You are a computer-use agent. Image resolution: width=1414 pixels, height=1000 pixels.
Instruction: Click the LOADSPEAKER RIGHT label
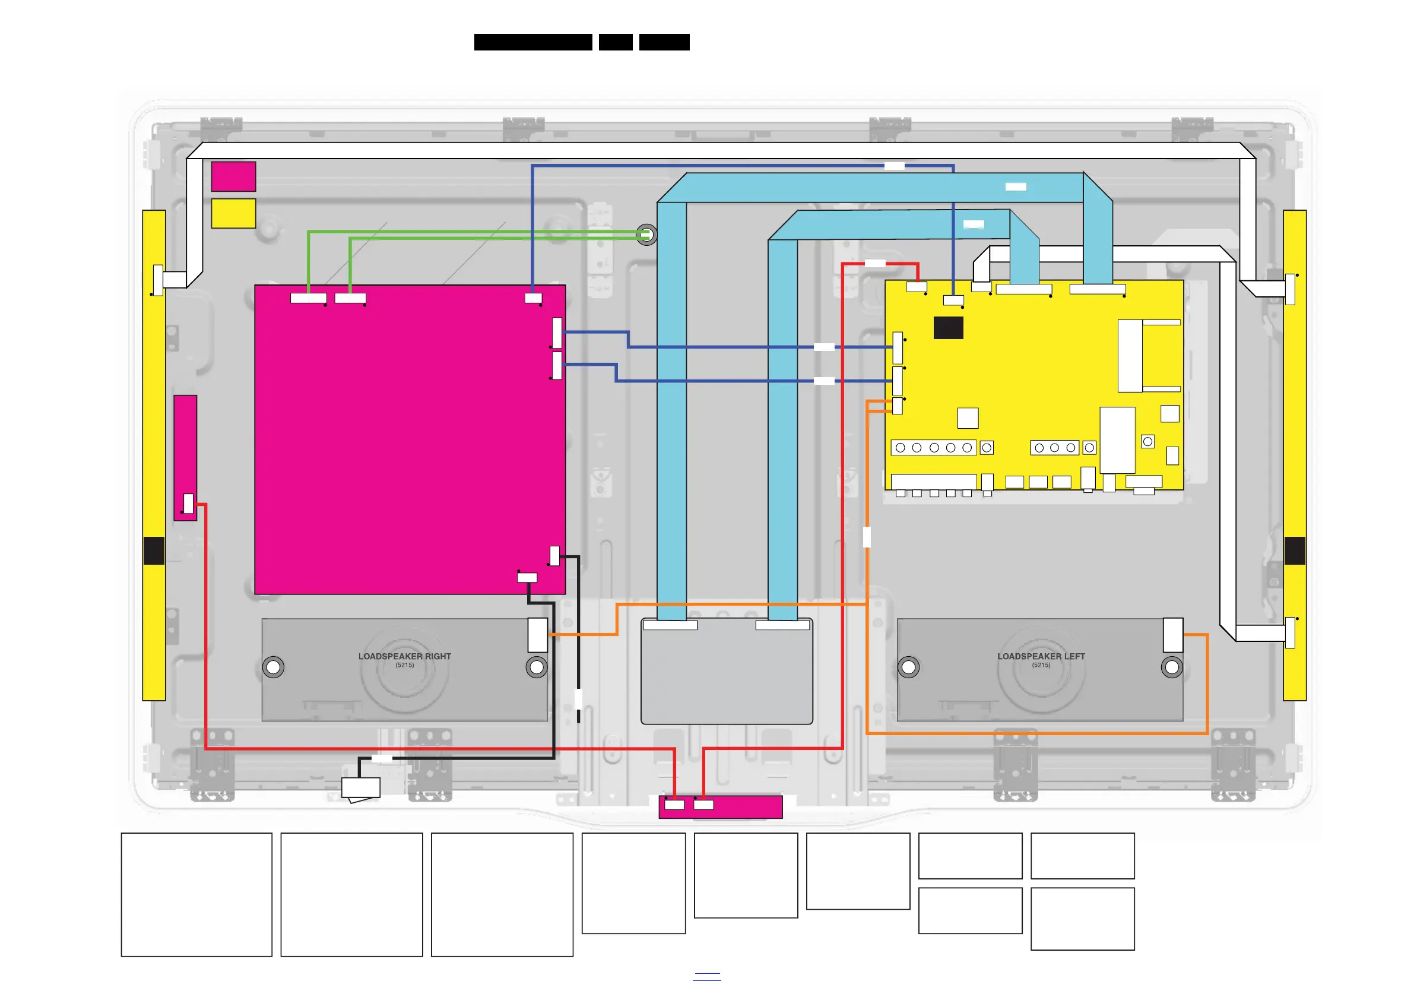(x=405, y=656)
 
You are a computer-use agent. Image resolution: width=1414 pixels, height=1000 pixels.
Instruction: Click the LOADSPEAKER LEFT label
(x=1041, y=656)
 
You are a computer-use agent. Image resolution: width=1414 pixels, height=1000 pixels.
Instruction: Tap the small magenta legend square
(x=233, y=176)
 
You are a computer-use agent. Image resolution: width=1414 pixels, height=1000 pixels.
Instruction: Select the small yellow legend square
(x=233, y=213)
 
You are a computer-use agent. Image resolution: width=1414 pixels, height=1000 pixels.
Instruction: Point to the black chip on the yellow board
(x=948, y=328)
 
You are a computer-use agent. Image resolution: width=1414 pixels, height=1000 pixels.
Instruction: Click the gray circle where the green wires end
(x=646, y=235)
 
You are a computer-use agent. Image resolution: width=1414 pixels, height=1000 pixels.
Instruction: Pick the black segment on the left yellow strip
(x=154, y=551)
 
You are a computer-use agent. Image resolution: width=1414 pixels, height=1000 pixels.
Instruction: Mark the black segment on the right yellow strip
(x=1295, y=551)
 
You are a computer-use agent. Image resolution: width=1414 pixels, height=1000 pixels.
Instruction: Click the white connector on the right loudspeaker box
(x=538, y=635)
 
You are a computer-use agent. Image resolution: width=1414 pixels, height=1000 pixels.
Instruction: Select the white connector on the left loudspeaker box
(x=1172, y=635)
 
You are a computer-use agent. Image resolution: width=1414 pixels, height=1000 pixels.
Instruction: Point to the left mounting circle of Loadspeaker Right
(x=274, y=667)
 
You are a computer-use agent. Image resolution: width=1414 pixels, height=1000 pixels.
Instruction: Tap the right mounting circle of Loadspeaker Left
(x=1171, y=667)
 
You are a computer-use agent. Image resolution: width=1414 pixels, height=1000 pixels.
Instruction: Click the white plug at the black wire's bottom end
(x=361, y=788)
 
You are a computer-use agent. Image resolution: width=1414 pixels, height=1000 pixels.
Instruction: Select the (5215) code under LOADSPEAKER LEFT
(x=1041, y=665)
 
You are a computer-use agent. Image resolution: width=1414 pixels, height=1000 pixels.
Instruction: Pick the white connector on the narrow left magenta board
(x=188, y=504)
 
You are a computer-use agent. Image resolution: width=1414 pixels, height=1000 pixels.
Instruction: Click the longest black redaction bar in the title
(x=532, y=42)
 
